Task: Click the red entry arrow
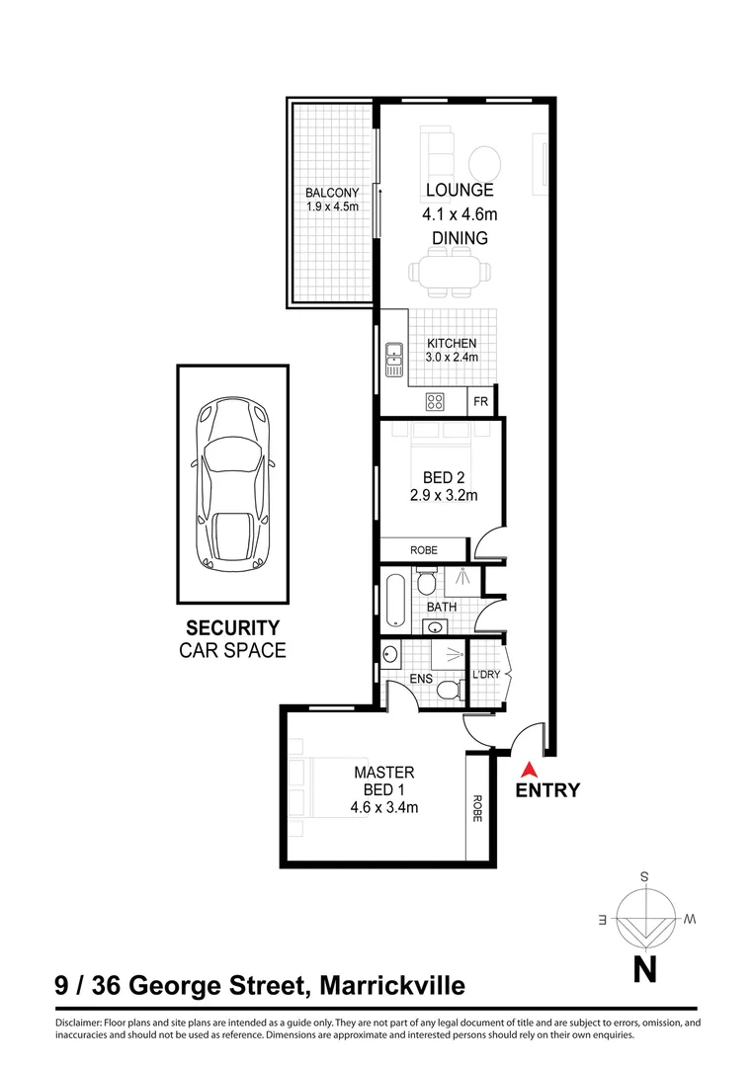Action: pyautogui.click(x=528, y=769)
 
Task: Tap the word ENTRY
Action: pyautogui.click(x=547, y=790)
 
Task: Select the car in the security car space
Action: pyautogui.click(x=233, y=483)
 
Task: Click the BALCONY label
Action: pyautogui.click(x=331, y=192)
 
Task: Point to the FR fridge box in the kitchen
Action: pyautogui.click(x=481, y=401)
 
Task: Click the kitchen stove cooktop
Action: pyautogui.click(x=435, y=401)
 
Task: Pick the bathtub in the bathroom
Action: pyautogui.click(x=396, y=599)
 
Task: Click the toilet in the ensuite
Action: pyautogui.click(x=449, y=690)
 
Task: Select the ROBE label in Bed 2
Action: pyautogui.click(x=424, y=550)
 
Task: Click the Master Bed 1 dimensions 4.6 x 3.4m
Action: pyautogui.click(x=384, y=807)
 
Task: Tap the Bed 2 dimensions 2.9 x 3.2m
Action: pyautogui.click(x=444, y=496)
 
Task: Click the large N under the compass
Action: pyautogui.click(x=644, y=971)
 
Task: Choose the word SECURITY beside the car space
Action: pyautogui.click(x=232, y=628)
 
